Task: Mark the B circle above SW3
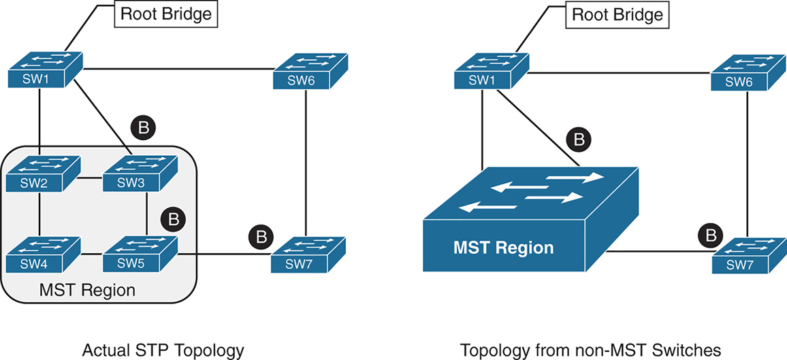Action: [143, 127]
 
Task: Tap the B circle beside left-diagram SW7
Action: [260, 238]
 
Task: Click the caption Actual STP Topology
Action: [163, 350]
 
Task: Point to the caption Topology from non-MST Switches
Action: [590, 350]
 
